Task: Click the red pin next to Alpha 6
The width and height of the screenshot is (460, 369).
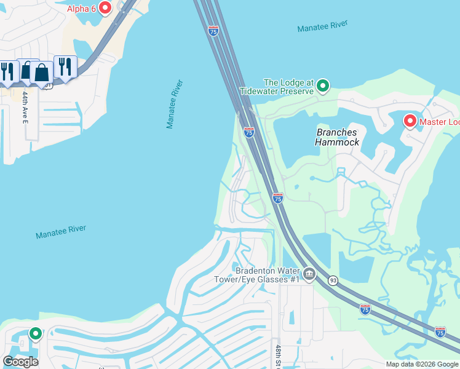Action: (105, 8)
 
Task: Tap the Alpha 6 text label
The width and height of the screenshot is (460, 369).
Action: (81, 9)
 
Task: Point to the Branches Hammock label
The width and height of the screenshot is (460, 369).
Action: (336, 137)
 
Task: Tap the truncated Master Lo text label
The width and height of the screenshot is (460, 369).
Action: (439, 122)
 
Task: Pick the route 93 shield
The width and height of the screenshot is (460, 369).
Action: (333, 280)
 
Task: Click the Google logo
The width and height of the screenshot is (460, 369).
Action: (20, 362)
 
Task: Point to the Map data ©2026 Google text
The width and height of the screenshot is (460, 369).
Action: (422, 364)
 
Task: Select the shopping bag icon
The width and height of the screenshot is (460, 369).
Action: (41, 73)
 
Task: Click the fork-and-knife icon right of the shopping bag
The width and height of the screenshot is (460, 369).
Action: (64, 66)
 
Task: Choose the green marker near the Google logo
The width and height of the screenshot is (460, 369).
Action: (36, 333)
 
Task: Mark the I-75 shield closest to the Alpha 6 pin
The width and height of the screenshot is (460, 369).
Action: (213, 31)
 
